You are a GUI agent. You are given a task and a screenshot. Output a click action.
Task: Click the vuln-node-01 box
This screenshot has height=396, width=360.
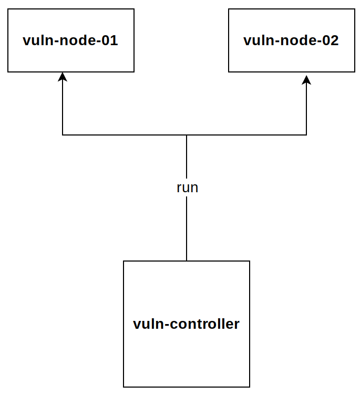71,40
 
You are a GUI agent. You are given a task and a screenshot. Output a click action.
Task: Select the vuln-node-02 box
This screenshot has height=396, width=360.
292,40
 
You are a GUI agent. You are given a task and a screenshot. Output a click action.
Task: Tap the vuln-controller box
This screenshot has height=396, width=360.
187,324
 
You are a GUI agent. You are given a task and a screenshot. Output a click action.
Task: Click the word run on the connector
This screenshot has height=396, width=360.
188,187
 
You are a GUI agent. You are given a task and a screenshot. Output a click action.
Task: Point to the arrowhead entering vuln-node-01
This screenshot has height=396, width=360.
63,77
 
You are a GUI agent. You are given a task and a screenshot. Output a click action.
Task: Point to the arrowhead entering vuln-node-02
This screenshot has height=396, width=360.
306,80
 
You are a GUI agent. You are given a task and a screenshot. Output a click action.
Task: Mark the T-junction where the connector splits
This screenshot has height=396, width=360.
187,135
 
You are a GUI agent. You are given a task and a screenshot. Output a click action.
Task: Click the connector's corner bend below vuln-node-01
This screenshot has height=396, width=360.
63,135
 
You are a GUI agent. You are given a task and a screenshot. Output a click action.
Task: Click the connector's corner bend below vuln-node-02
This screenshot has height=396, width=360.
306,135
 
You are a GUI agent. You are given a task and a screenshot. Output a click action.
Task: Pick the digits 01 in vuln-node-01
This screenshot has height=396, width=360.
110,40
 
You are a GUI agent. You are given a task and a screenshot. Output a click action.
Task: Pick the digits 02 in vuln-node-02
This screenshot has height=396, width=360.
331,40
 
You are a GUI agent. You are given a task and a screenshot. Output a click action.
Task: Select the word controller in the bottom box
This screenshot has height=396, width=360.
204,324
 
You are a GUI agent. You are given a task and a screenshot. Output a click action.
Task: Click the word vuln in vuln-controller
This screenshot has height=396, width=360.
149,324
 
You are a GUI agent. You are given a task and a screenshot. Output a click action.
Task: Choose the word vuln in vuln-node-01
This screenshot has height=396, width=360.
38,40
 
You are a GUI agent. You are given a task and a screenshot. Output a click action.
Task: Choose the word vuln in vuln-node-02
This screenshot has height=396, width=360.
259,40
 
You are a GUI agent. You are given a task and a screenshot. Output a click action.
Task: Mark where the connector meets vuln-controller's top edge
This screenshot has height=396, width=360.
187,261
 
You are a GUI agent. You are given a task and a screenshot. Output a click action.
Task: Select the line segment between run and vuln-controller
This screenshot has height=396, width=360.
187,229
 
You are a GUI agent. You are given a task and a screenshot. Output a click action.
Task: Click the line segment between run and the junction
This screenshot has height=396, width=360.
187,157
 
